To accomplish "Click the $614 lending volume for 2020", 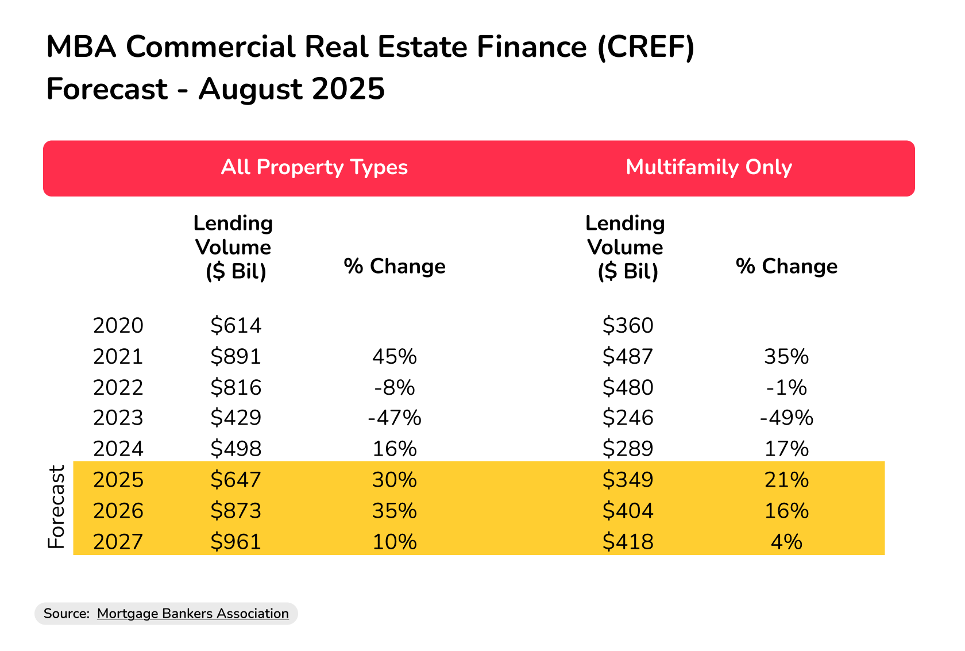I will tap(236, 326).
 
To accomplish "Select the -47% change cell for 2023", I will tap(395, 418).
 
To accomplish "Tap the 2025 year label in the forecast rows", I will tap(118, 480).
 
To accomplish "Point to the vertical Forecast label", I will tap(56, 507).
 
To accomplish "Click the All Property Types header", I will tap(314, 167).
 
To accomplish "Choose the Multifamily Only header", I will tap(709, 167).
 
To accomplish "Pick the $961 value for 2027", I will tap(236, 542).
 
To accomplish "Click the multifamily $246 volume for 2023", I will tap(627, 418).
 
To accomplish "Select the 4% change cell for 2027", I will tap(786, 542).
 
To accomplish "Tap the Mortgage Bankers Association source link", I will tap(192, 614).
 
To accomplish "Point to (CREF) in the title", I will tap(646, 47).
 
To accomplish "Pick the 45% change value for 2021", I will tap(395, 357).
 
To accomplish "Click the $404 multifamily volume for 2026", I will tap(627, 511).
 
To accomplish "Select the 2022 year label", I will tap(118, 388).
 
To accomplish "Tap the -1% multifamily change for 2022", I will tap(786, 388).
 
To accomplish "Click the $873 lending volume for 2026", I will tap(236, 511).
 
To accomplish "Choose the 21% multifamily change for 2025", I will tap(786, 480).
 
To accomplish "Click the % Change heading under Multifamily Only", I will tap(786, 267).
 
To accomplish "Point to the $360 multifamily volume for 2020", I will tap(627, 326).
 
